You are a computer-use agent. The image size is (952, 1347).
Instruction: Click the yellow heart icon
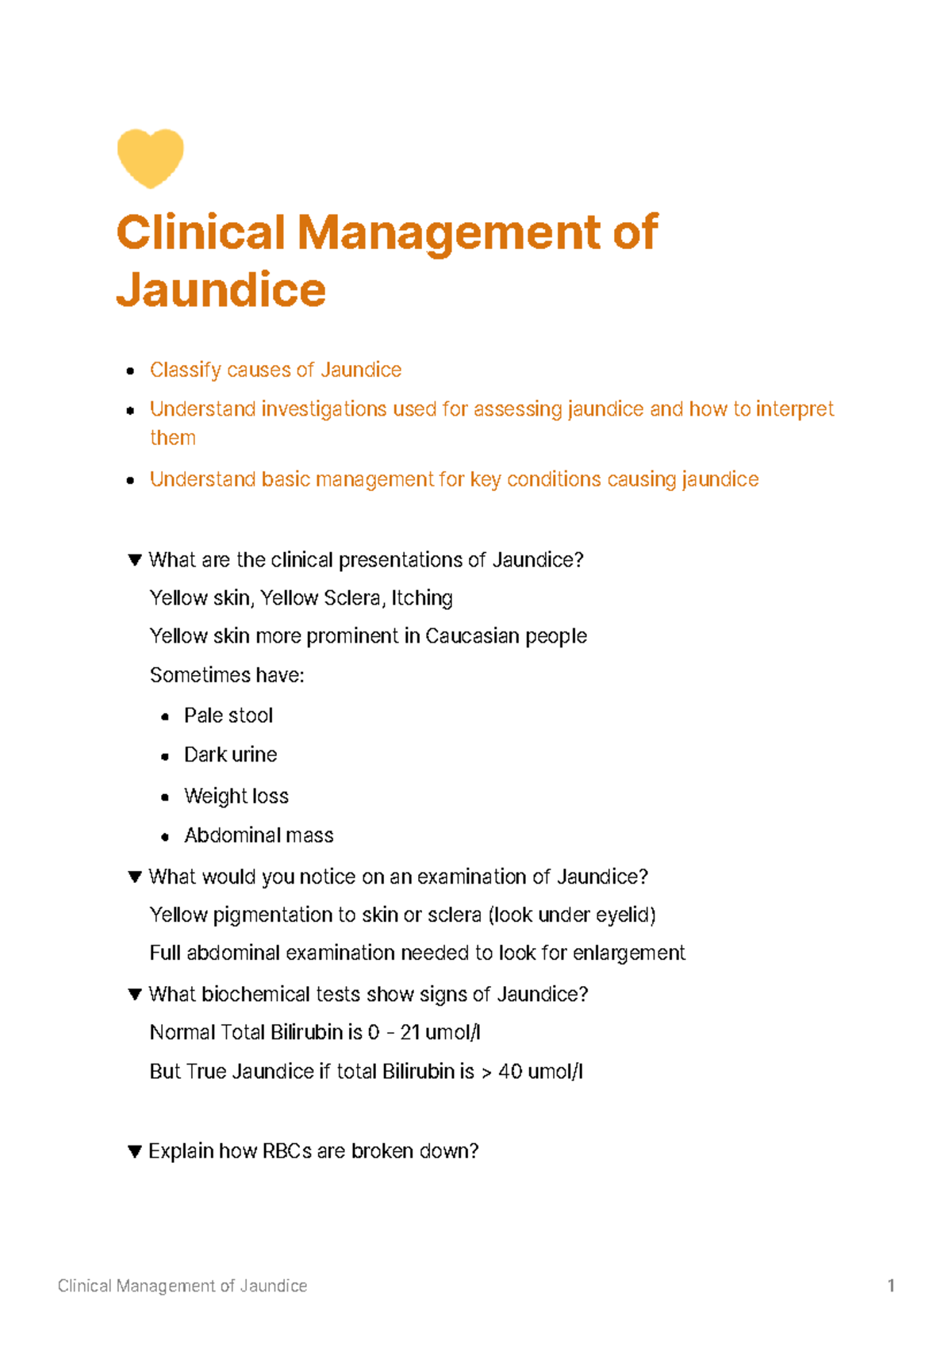click(x=150, y=158)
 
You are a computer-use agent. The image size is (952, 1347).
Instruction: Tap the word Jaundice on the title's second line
click(x=221, y=290)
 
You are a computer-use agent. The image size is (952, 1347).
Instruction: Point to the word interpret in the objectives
click(x=794, y=409)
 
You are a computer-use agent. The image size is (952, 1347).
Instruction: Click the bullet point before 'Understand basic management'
click(x=130, y=481)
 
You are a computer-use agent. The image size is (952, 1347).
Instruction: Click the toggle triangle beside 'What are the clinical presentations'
click(x=135, y=560)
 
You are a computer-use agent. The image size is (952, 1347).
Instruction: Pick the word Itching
click(x=422, y=598)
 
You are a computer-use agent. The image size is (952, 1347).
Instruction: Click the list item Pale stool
click(x=228, y=716)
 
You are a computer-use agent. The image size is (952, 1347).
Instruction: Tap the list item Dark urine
click(x=231, y=754)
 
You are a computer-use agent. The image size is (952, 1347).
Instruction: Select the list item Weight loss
click(x=236, y=796)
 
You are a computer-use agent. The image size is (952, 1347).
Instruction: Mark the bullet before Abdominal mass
click(x=165, y=836)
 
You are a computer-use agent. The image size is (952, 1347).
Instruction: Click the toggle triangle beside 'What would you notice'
click(x=135, y=877)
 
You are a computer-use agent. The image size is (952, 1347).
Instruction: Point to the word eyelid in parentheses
click(x=624, y=915)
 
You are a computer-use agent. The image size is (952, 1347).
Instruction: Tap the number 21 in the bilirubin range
click(x=410, y=1033)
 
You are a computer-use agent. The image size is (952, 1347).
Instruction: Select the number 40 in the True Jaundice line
click(x=510, y=1072)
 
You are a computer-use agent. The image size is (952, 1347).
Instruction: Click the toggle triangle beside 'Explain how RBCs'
click(x=135, y=1151)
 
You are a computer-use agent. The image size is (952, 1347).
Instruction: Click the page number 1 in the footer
click(x=891, y=1286)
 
